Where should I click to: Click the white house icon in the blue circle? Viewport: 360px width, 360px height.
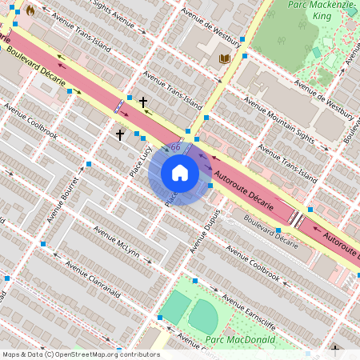180,173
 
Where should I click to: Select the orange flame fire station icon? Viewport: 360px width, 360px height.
30,11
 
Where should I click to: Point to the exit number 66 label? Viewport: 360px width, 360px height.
175,148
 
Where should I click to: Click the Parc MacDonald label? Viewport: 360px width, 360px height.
240,340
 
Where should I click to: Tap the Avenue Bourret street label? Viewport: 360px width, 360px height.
66,196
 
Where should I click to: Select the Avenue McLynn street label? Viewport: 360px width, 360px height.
116,243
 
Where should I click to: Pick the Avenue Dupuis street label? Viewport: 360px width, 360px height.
204,232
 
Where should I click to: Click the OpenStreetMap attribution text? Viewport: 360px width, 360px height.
80,354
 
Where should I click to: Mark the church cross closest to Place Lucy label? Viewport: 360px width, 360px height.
120,135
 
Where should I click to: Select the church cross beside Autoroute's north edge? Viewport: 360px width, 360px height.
143,102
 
